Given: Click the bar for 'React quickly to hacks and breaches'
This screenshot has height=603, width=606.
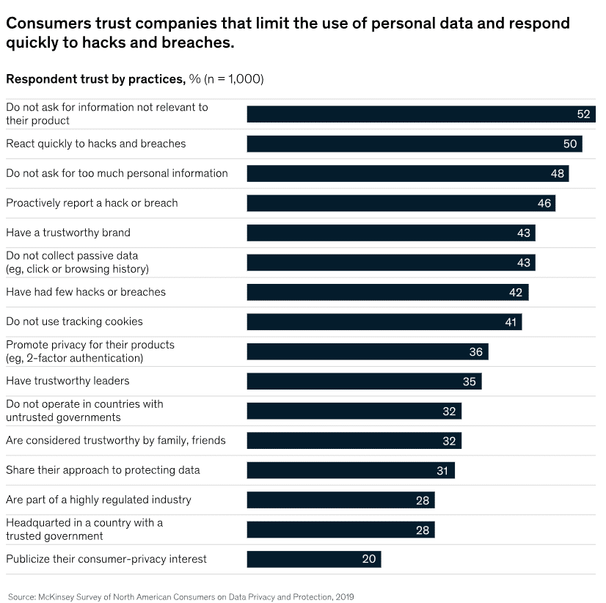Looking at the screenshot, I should coord(414,144).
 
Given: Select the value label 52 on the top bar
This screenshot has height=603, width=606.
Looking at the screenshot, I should coord(584,114).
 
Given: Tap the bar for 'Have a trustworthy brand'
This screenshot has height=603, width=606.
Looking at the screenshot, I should coord(390,233).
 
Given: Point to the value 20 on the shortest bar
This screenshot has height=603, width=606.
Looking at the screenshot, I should coord(369,559).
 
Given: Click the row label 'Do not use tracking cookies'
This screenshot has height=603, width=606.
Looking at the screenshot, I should coord(74,321).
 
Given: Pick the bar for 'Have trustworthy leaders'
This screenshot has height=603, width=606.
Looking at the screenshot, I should coord(364,381).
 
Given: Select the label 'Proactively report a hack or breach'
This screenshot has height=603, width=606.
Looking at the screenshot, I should coord(92,202).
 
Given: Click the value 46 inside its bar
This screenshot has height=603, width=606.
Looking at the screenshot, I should coord(544,203).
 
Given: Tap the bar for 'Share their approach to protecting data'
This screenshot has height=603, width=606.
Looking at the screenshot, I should coord(351,470).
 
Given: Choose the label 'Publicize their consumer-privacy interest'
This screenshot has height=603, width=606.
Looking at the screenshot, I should coord(106,559).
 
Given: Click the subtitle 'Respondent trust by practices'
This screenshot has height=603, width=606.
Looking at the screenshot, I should coord(95,78).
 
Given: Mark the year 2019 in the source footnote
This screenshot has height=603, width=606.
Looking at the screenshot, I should coord(344,597).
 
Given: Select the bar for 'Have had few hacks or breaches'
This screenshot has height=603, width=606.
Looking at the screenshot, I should coord(387,292).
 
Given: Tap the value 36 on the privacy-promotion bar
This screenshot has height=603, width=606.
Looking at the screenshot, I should coord(476,352).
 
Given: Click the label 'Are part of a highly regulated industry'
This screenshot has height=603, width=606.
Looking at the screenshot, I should coord(98,500).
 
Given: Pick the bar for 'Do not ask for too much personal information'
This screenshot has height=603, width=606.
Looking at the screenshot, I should coord(407,173).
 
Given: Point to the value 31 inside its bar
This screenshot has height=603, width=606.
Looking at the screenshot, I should coord(442,471).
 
